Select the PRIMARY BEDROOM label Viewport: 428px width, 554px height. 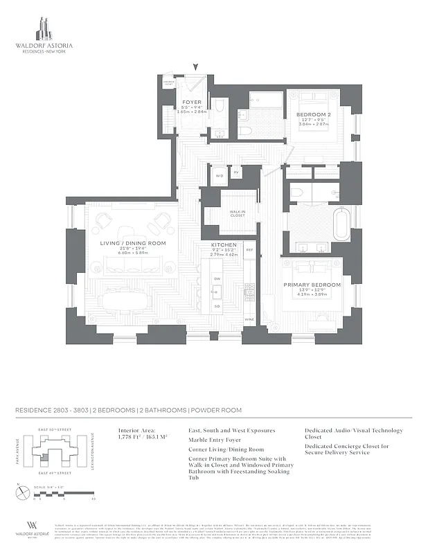311,285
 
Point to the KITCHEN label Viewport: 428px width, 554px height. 224,246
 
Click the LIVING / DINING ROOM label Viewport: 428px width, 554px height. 133,243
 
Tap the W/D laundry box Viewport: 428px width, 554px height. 220,175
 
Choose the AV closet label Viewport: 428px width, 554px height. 236,172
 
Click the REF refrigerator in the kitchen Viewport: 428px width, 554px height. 249,249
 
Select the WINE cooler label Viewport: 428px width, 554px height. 249,319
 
